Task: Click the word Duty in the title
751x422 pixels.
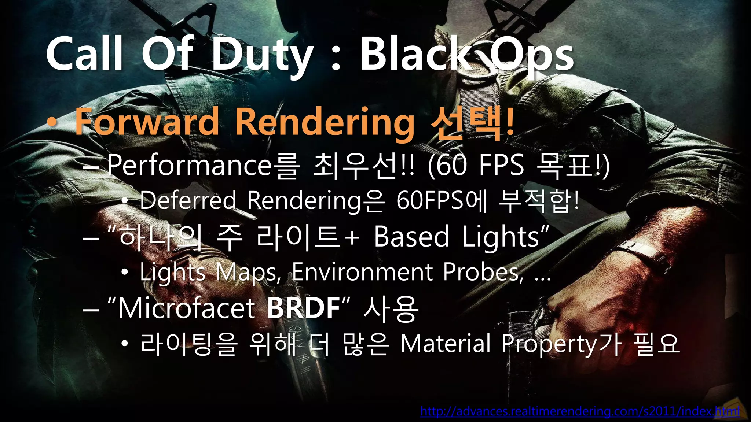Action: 262,55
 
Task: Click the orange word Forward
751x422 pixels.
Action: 147,122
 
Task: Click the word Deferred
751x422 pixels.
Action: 188,201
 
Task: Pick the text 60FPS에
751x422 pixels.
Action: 442,201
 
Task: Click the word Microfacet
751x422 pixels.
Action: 187,308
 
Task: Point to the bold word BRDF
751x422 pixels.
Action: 304,308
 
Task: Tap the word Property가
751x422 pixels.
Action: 561,344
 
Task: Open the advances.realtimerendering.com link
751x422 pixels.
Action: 579,411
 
